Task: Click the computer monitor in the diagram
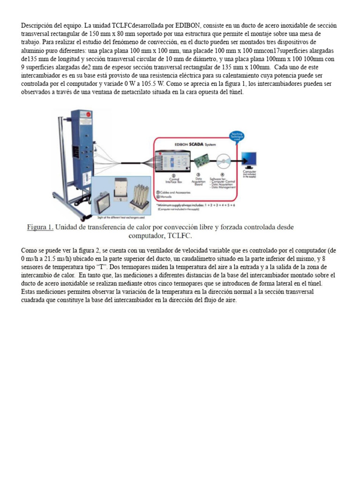(248, 159)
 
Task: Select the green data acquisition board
(203, 162)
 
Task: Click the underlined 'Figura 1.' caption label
(40, 227)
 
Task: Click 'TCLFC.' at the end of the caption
(172, 236)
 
